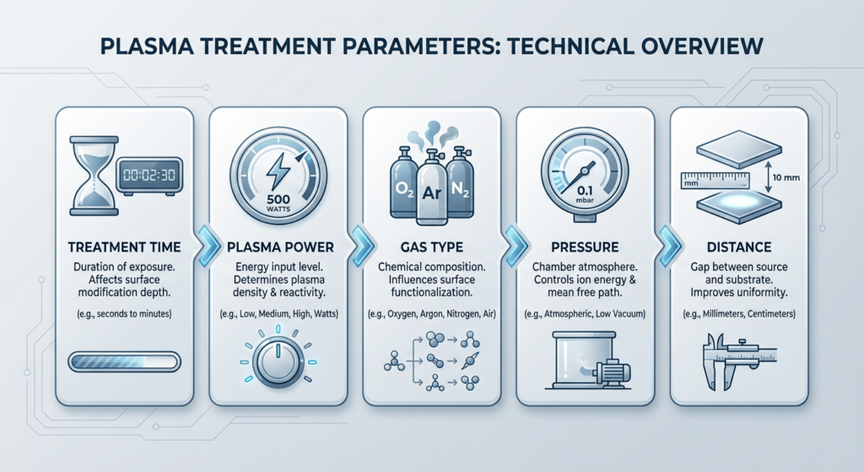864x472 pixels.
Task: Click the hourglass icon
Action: click(94, 176)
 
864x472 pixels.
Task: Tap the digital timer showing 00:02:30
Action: click(149, 176)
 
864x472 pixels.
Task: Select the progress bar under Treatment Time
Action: click(125, 361)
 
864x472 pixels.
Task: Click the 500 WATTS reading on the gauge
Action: click(278, 203)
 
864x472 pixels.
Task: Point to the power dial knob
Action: click(278, 361)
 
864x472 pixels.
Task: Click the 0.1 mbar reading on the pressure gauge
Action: click(585, 194)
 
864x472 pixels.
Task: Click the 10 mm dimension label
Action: click(786, 177)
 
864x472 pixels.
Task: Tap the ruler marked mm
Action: click(715, 181)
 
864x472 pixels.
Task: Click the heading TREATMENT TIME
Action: click(125, 247)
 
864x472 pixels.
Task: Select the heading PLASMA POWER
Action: click(280, 247)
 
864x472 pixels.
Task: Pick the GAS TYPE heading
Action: click(432, 247)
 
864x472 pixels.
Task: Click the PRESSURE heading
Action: click(586, 247)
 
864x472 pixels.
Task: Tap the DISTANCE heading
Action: click(739, 247)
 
